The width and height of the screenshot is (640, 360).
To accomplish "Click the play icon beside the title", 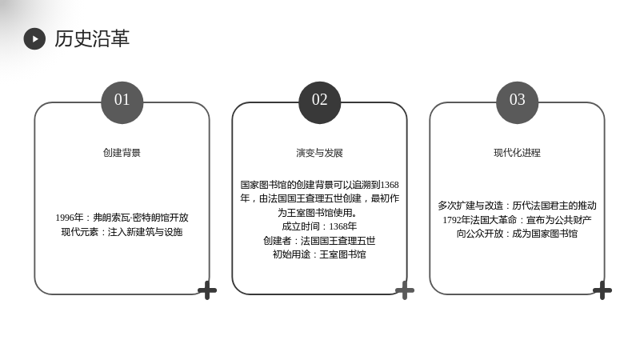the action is tap(34, 38).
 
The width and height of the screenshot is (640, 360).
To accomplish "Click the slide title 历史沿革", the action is tap(92, 38).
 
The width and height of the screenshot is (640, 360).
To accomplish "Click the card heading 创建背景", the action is tap(122, 153).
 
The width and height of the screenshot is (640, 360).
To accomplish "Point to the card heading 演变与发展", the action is tap(319, 153).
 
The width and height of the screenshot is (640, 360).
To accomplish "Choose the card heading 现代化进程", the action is tap(517, 153).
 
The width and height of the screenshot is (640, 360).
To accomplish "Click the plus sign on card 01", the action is tap(207, 290).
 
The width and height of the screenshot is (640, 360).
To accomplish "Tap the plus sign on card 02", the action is tap(405, 290).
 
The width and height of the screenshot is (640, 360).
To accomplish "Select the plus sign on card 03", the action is tap(602, 290).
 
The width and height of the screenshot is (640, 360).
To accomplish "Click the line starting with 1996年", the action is tap(122, 218).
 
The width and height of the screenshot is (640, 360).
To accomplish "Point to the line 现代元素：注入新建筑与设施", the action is tap(122, 232).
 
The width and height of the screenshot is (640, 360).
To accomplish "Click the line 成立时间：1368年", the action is tap(319, 226).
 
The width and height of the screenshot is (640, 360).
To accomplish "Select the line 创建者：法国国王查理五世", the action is tap(319, 241).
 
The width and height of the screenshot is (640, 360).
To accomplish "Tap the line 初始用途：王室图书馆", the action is tap(319, 254).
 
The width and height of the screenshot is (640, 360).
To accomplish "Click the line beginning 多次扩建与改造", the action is tap(517, 206).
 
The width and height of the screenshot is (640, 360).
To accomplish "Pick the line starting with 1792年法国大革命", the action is tap(517, 219).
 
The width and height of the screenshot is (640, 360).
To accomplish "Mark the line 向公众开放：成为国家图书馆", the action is tap(517, 234).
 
